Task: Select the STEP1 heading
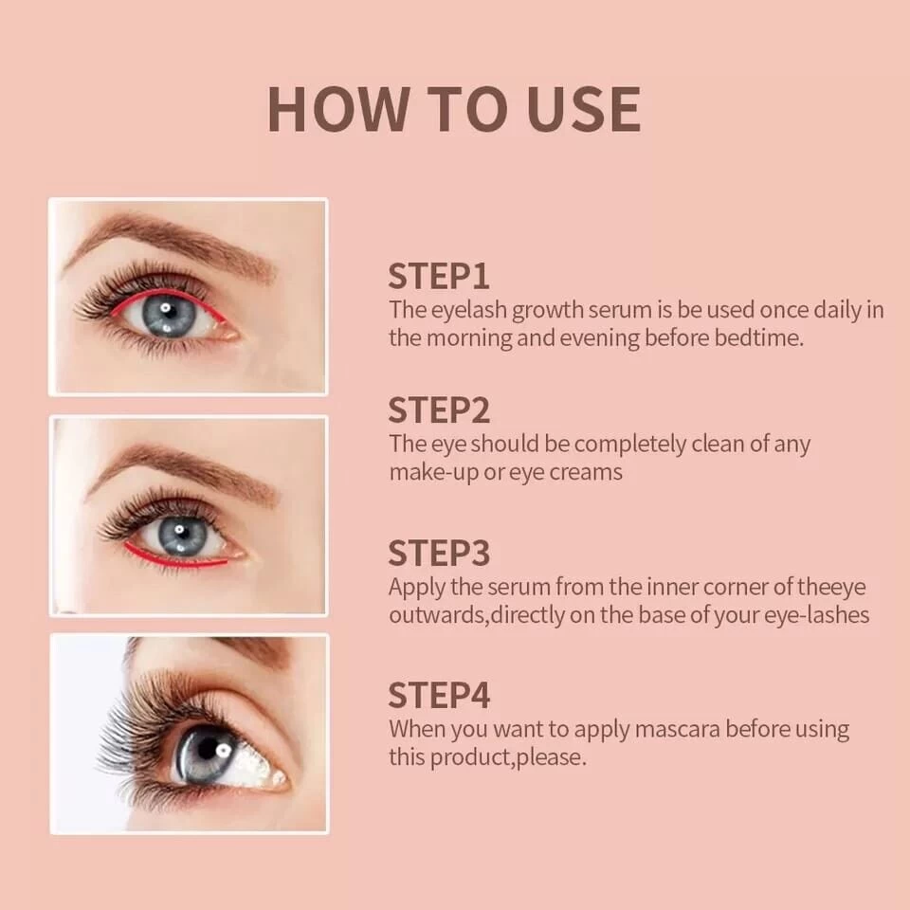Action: (439, 276)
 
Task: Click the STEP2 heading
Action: (439, 410)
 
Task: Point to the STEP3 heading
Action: (439, 553)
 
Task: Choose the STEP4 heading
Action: (439, 695)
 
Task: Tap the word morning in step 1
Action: (469, 338)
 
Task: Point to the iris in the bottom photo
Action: (206, 754)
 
